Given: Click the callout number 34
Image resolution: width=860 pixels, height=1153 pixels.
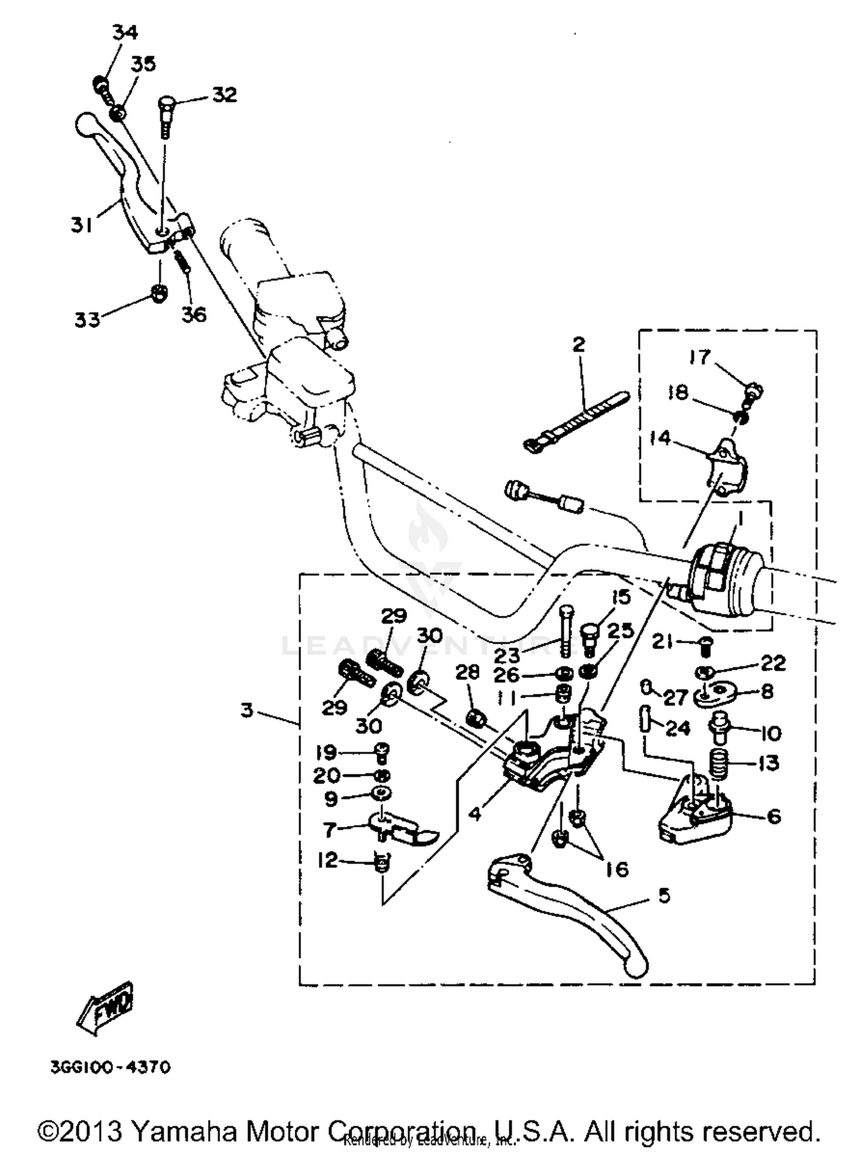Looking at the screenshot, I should tap(124, 33).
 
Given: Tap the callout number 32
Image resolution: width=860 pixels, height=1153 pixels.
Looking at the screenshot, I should tap(224, 95).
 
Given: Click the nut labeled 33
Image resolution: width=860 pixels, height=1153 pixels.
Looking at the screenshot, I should tap(159, 294).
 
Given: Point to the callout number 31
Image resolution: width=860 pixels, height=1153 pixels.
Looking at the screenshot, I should tap(82, 225).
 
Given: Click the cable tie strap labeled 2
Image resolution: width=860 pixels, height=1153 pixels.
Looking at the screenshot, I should tap(576, 423).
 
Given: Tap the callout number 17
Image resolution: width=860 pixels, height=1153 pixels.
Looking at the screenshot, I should tap(699, 357).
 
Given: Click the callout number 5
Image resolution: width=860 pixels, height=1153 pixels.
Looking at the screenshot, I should tap(664, 895).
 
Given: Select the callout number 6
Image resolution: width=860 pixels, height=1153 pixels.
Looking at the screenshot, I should tap(773, 816).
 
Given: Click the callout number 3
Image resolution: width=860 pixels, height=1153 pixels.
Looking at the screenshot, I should tap(247, 711).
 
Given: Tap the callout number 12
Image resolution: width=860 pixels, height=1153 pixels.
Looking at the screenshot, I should tap(327, 860).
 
